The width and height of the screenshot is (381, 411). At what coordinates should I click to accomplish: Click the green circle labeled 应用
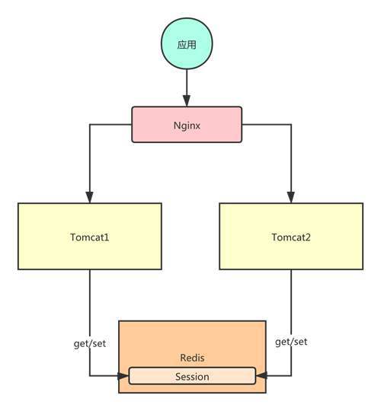(x=187, y=44)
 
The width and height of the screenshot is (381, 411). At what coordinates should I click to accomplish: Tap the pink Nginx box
(x=187, y=125)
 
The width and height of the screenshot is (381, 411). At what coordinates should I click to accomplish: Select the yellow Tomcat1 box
(x=90, y=236)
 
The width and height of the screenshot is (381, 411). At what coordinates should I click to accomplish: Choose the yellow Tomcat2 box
(x=291, y=236)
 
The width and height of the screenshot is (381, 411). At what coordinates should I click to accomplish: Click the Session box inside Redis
(x=192, y=376)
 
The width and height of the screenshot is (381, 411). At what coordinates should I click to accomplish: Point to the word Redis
(x=192, y=358)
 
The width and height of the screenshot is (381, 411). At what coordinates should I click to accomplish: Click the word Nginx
(x=187, y=126)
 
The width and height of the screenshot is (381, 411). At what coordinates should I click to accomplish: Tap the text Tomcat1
(x=89, y=237)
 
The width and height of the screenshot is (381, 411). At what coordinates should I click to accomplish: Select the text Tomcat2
(x=291, y=237)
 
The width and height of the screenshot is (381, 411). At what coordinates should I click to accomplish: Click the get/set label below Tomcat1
(x=90, y=343)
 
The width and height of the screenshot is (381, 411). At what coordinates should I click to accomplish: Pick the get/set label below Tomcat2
(x=291, y=342)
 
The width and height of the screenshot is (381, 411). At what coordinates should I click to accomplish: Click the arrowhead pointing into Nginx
(x=187, y=101)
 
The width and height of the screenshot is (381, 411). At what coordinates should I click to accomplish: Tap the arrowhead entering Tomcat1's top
(x=90, y=197)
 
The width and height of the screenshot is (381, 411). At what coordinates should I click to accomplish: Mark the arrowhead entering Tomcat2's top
(x=291, y=197)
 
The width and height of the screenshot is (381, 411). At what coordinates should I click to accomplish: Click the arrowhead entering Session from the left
(x=123, y=376)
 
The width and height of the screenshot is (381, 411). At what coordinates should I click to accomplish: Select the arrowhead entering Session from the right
(x=261, y=376)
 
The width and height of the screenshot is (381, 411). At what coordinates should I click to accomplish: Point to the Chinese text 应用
(x=187, y=45)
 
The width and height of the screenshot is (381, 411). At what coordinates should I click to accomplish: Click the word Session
(x=192, y=377)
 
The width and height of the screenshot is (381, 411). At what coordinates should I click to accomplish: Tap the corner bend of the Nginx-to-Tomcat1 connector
(x=90, y=125)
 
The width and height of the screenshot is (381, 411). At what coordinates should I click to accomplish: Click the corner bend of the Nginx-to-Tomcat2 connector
(x=291, y=125)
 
